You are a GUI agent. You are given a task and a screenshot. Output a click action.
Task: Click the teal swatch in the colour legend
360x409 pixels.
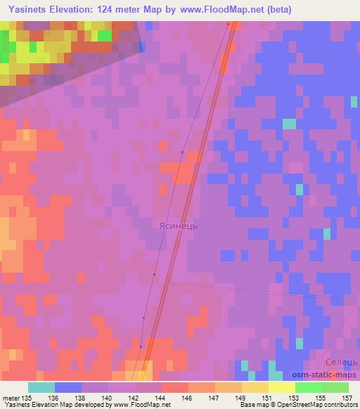[41, 387]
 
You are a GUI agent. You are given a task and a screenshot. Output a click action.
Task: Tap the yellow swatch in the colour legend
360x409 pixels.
[281, 387]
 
